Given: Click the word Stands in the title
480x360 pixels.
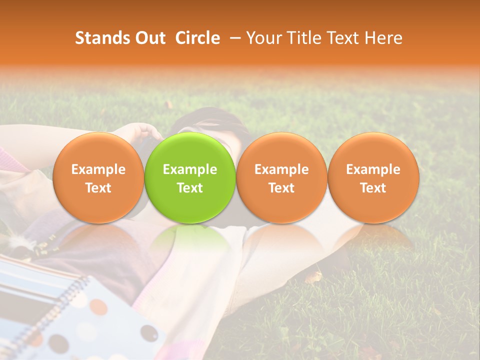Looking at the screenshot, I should coord(101,38).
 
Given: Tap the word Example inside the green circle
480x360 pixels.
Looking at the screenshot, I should coord(190,169).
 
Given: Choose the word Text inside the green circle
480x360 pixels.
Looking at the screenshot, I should coord(190,188).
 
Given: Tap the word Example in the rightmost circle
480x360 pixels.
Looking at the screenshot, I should coord(373,169).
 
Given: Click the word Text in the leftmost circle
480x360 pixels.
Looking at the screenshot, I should coord(98,188).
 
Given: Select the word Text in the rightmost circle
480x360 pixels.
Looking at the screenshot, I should coord(373,188).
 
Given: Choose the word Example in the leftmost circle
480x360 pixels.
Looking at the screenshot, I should coord(98,169).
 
